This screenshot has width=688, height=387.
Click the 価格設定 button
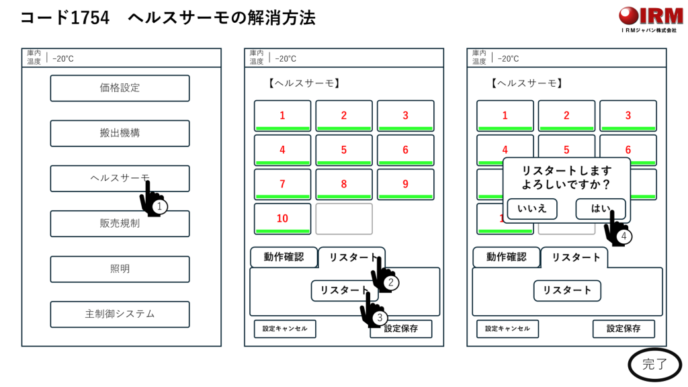(x=120, y=88)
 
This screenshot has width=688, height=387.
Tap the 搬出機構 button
(x=120, y=133)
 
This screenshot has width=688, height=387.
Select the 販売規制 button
(x=120, y=224)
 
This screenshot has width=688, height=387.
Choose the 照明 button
(x=120, y=269)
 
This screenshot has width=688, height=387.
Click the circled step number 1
(x=159, y=207)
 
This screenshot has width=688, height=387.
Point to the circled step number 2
(x=392, y=283)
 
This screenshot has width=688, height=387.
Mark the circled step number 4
(x=624, y=236)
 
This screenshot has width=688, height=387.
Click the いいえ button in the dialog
(x=531, y=209)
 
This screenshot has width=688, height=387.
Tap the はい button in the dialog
(x=600, y=209)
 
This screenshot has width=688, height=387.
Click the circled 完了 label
(x=655, y=365)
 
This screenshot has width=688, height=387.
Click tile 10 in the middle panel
(x=282, y=218)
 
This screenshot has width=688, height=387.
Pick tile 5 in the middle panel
(x=344, y=150)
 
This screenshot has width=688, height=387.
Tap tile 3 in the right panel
(x=628, y=116)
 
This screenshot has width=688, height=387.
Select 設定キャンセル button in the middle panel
(x=285, y=329)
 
